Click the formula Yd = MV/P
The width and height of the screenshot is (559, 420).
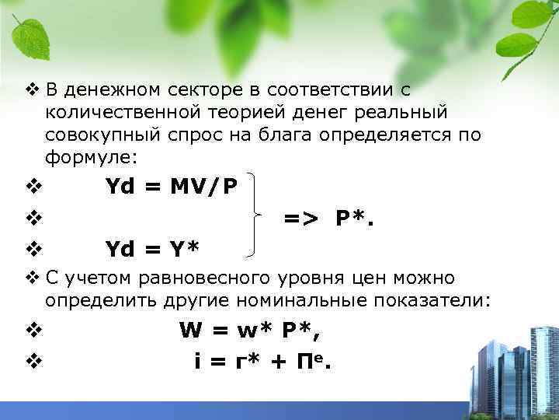(x=172, y=187)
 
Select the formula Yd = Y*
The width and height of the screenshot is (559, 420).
(x=152, y=249)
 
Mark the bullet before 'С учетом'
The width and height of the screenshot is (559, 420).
(x=31, y=277)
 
